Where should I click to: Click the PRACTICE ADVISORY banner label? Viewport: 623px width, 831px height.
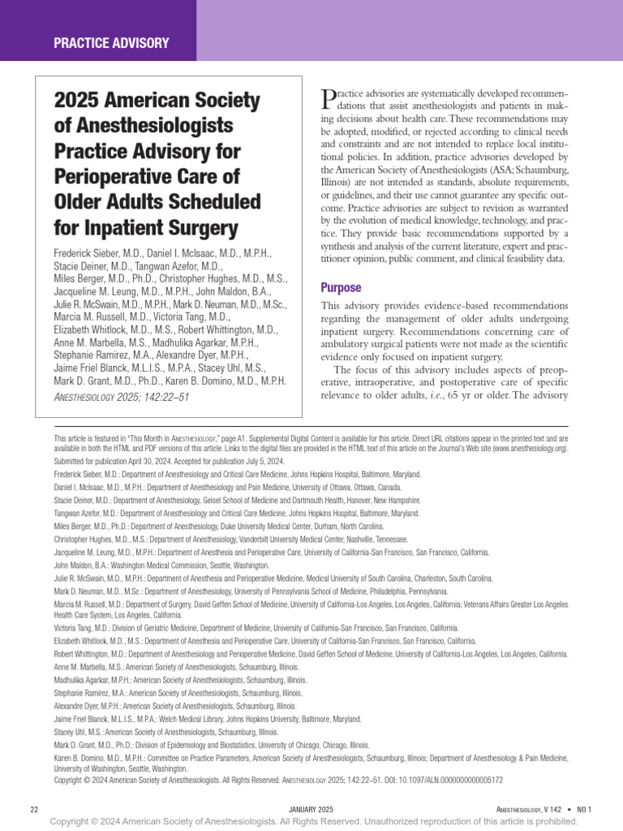coord(111,43)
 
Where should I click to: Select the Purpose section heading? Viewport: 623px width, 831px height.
coord(342,287)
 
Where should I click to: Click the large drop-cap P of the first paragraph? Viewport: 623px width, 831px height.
coord(329,99)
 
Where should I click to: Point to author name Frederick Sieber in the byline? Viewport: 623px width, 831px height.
coord(93,253)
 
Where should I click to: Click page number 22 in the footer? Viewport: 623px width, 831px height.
coord(34,809)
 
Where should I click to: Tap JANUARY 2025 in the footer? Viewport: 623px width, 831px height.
coord(312,809)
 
